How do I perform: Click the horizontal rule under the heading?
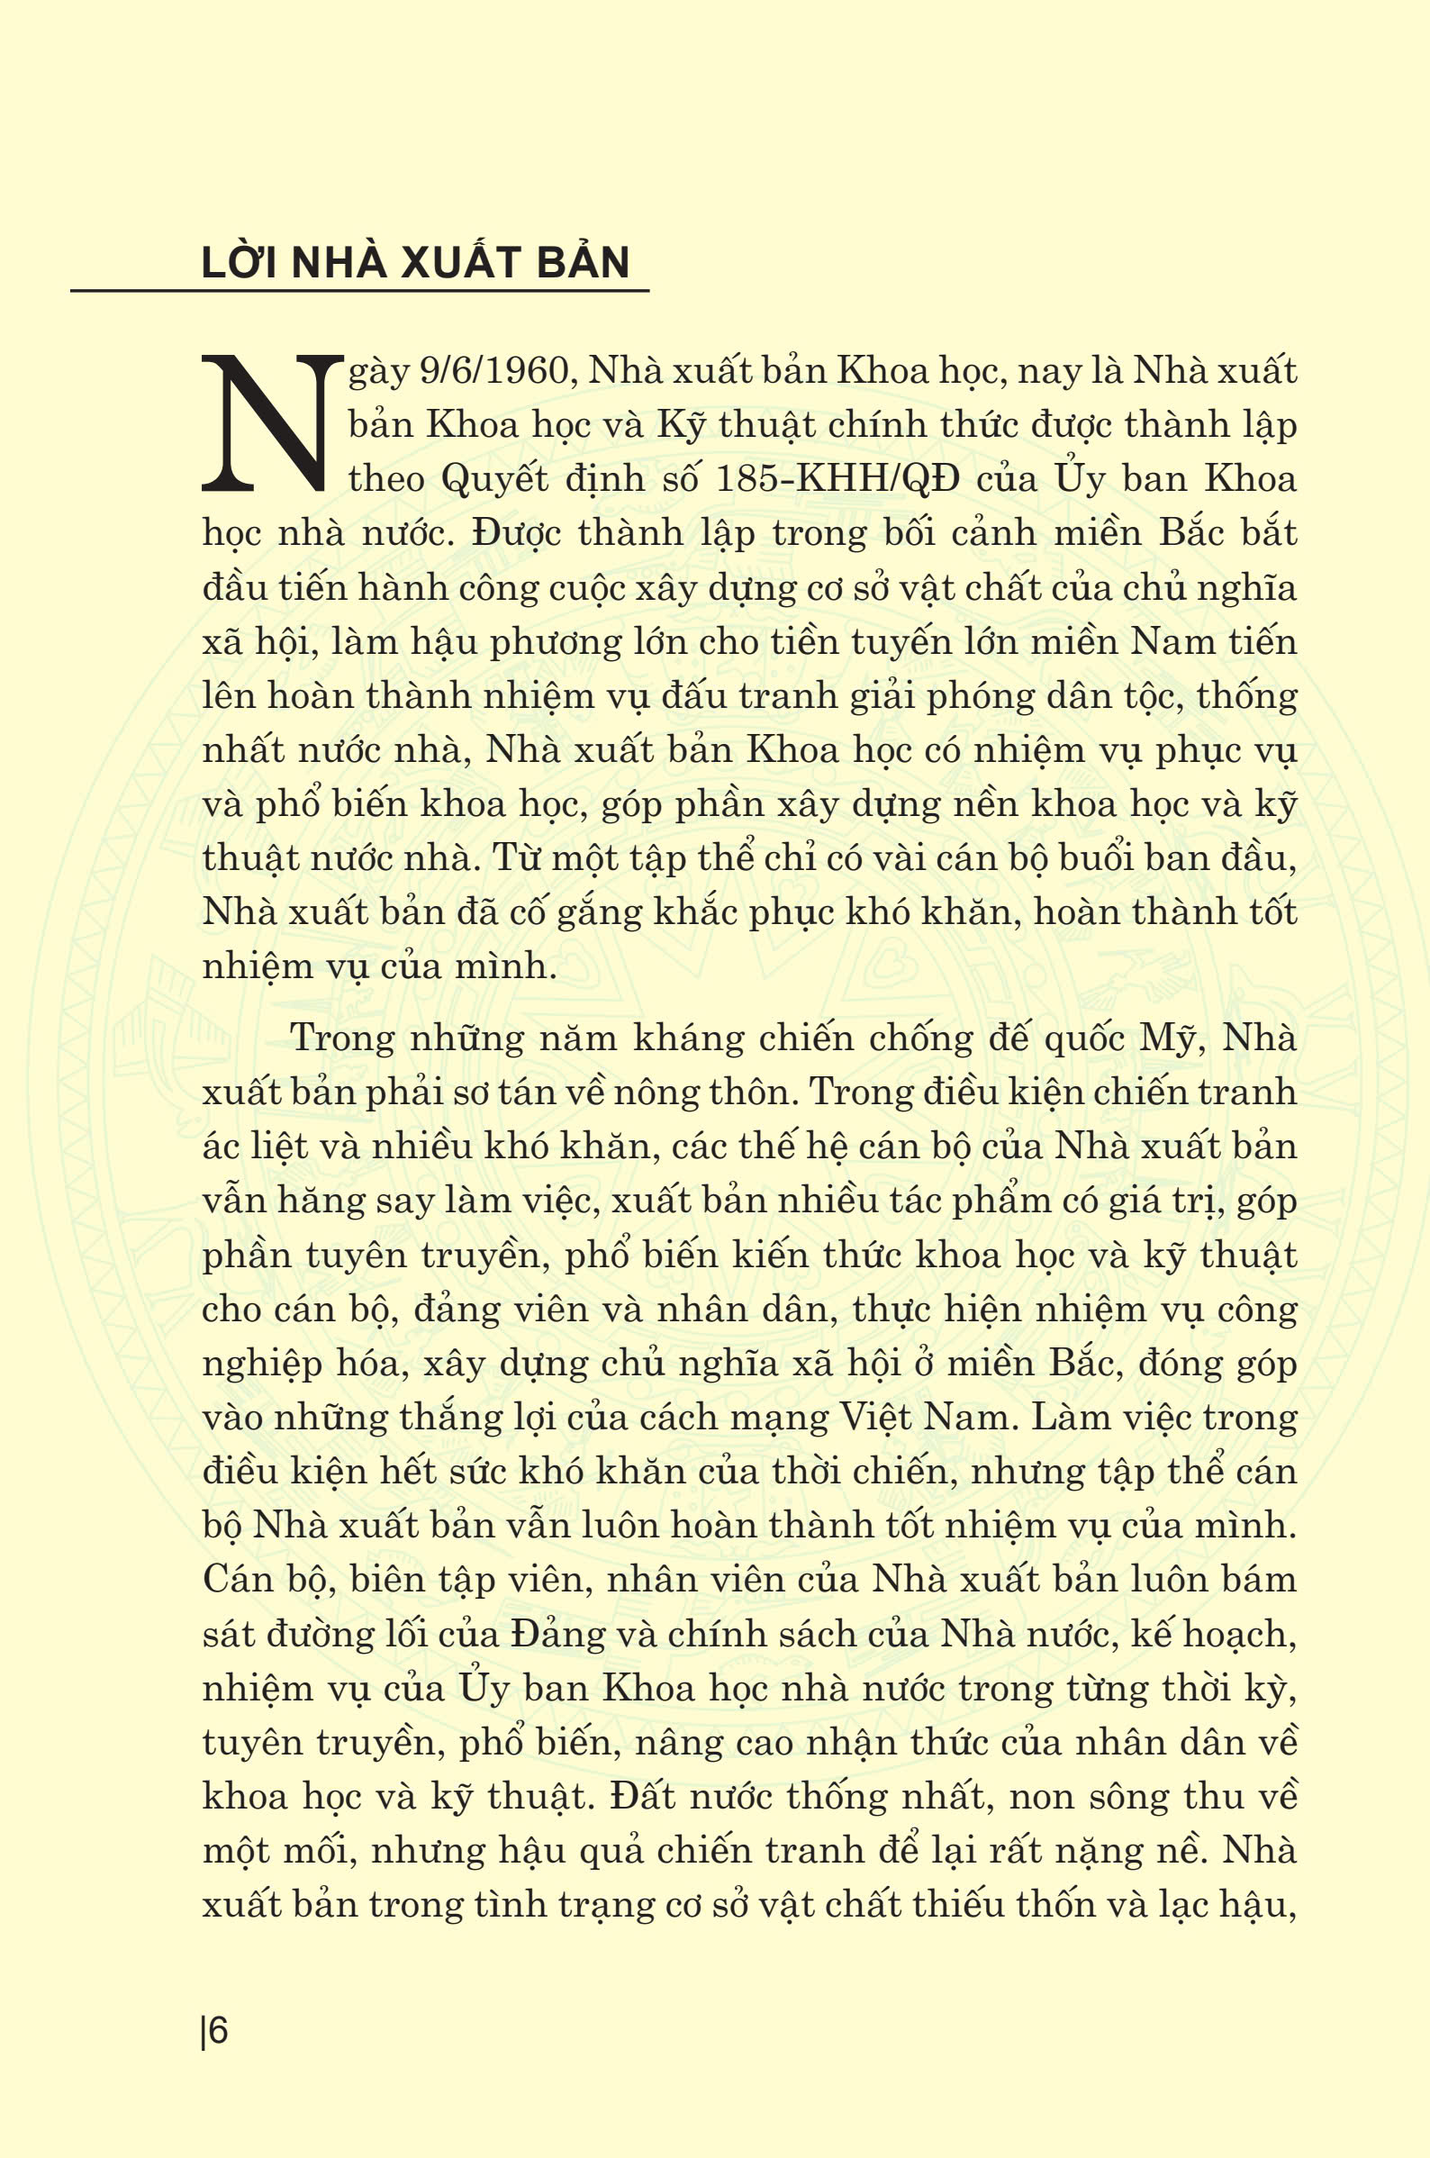(x=359, y=291)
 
